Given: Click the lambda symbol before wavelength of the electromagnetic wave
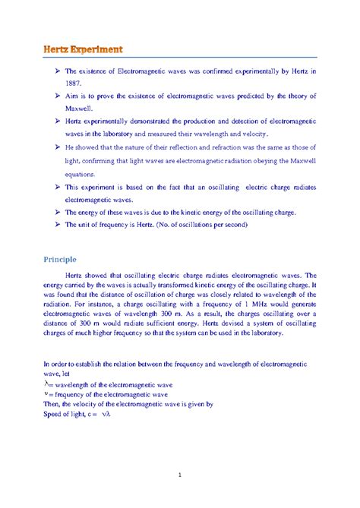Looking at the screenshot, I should pyautogui.click(x=46, y=384).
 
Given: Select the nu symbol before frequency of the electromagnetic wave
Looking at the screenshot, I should pyautogui.click(x=46, y=395).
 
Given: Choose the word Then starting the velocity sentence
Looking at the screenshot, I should pyautogui.click(x=52, y=405).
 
